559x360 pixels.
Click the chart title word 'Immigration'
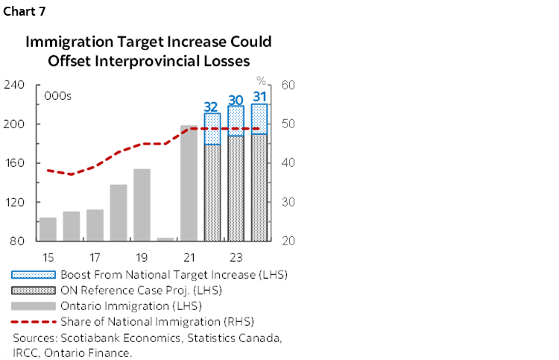tap(63, 42)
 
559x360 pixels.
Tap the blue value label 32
tap(212, 106)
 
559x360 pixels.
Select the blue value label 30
tap(236, 99)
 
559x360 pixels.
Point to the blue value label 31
tap(259, 96)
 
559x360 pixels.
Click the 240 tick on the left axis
tap(14, 85)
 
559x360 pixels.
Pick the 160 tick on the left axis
tap(14, 163)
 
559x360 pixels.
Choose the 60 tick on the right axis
tap(289, 85)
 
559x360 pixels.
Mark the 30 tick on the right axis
tap(289, 202)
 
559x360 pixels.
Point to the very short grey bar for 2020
tap(165, 239)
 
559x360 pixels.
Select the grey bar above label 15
tap(48, 229)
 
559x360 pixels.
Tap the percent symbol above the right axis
tap(261, 80)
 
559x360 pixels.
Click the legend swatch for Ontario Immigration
tap(34, 306)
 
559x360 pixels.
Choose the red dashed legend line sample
tap(34, 322)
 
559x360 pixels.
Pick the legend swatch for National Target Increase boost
tap(34, 274)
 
